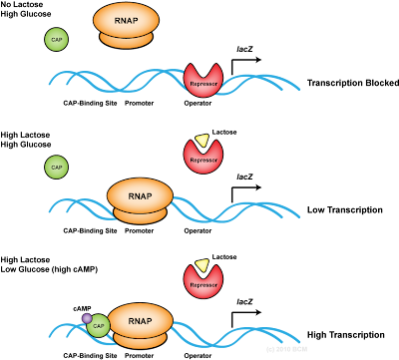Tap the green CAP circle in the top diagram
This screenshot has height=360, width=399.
click(57, 39)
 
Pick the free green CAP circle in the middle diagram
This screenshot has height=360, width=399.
click(57, 167)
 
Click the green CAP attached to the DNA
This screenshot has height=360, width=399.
click(99, 326)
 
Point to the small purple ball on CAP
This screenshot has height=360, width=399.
click(87, 318)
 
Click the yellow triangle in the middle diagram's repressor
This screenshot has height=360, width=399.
click(203, 141)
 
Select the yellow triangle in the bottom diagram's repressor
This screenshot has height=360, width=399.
click(203, 266)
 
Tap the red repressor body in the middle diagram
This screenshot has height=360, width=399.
click(203, 159)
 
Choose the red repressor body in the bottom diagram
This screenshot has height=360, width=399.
click(203, 284)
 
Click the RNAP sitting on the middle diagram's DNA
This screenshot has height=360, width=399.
click(140, 197)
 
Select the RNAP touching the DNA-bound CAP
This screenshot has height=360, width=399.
click(140, 323)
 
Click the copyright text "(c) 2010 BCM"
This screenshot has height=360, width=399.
click(286, 349)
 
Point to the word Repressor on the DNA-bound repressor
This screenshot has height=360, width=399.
click(203, 84)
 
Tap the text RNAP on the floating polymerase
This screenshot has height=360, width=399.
click(126, 18)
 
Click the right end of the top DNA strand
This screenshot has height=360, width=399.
click(298, 87)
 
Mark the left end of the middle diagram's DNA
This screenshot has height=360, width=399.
click(50, 210)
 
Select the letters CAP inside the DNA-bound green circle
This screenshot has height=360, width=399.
click(99, 326)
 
